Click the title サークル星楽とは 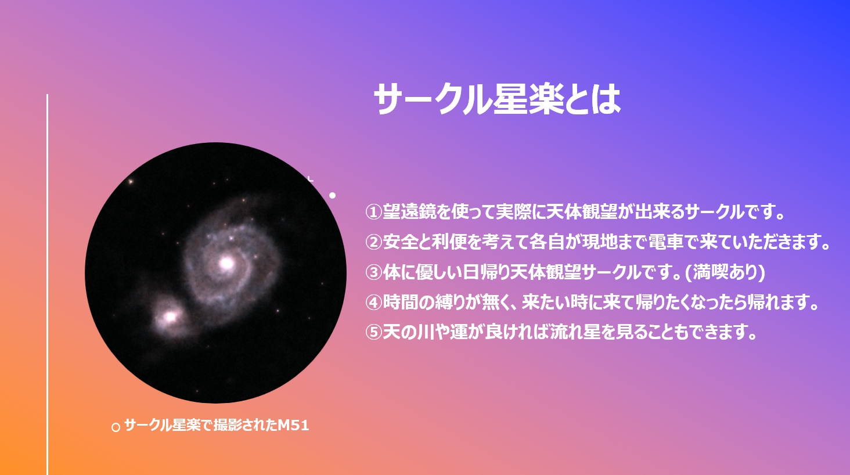click(497, 99)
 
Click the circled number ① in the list click(373, 212)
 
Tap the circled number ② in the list click(373, 242)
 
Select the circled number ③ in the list click(373, 272)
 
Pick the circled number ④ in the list click(373, 303)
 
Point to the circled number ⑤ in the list click(373, 332)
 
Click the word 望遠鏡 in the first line click(409, 212)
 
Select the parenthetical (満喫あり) click(725, 272)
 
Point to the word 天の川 click(408, 332)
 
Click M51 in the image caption click(293, 425)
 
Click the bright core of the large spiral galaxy click(226, 263)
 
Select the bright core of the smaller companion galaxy click(170, 316)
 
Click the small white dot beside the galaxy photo click(333, 195)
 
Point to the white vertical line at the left click(48, 285)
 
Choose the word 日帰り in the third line click(486, 272)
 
